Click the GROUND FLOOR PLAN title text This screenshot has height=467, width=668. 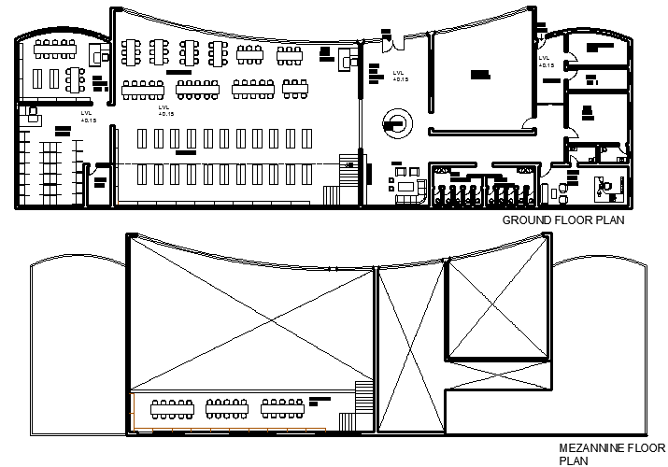click(562, 221)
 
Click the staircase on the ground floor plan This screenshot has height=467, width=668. click(348, 175)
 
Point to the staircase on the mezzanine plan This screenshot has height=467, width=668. click(364, 407)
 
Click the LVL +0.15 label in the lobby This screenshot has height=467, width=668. click(400, 76)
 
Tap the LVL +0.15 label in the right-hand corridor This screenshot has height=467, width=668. click(546, 62)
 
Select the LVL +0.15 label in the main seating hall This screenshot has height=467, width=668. click(166, 111)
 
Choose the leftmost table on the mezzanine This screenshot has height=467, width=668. click(170, 408)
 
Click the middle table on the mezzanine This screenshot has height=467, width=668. click(226, 408)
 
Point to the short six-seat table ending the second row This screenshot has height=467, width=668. click(295, 90)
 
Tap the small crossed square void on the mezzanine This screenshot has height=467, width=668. click(496, 309)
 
